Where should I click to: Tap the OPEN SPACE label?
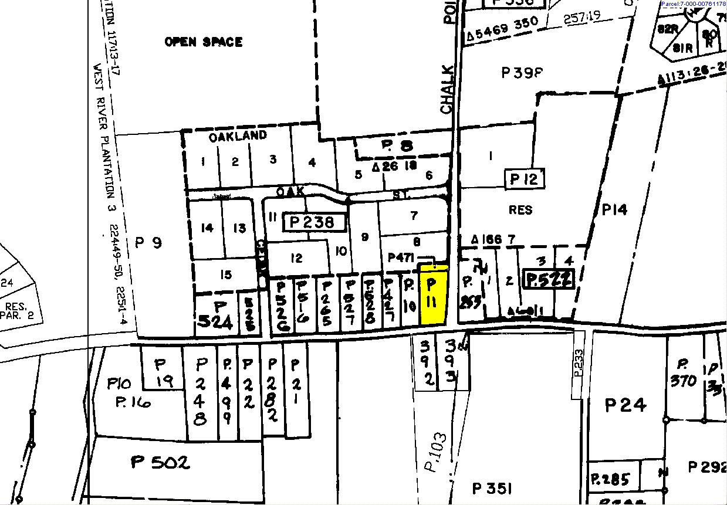tap(203, 42)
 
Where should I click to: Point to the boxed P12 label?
tap(524, 179)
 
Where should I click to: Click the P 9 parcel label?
tap(148, 242)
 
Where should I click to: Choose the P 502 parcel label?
tap(160, 463)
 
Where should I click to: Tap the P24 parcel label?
tap(625, 405)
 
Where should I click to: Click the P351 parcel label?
tap(493, 489)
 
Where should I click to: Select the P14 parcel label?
tap(615, 209)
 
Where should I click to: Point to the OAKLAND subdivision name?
tap(238, 136)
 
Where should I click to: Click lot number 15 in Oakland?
tap(226, 274)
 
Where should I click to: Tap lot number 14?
tap(207, 228)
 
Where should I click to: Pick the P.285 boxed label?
tap(610, 479)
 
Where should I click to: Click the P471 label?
tap(402, 257)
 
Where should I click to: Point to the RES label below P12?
tap(520, 209)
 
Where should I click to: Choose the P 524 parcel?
tap(218, 315)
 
